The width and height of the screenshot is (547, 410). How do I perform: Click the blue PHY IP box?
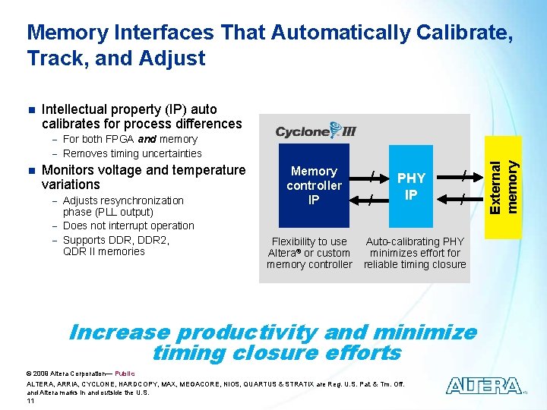[x=410, y=186]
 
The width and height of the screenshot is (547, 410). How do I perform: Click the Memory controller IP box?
[x=314, y=186]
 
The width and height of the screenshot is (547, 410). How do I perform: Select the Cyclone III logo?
[x=315, y=131]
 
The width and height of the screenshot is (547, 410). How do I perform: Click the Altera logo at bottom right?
[x=484, y=386]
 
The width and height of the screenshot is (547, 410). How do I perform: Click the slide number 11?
[x=30, y=400]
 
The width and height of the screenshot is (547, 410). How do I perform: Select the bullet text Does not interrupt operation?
[x=128, y=225]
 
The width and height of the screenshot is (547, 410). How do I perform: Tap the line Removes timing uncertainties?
[x=132, y=153]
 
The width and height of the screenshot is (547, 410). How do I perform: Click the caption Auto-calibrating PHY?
[x=415, y=241]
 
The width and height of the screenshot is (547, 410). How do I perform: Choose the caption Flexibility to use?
[x=309, y=241]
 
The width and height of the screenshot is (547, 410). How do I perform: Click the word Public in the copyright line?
[x=125, y=374]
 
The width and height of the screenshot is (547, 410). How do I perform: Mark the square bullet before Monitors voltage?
[x=30, y=170]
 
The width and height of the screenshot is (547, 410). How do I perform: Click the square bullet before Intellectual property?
[x=30, y=109]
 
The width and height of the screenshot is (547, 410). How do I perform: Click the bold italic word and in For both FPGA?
[x=147, y=139]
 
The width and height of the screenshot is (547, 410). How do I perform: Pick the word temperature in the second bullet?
[x=206, y=170]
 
